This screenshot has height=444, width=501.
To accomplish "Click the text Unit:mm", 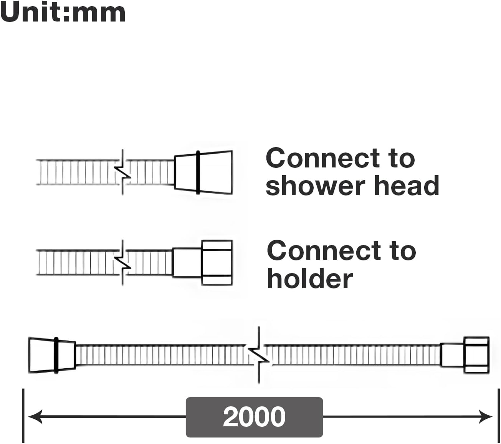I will tap(63, 12).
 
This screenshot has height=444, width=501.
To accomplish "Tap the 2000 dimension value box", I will tap(254, 417).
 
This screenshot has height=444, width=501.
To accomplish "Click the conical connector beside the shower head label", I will tap(203, 172).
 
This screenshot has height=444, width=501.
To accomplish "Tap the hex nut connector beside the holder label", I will tap(217, 263).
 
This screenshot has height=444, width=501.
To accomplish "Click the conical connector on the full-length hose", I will tap(52, 355).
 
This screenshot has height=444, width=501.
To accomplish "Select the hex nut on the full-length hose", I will tap(476, 355).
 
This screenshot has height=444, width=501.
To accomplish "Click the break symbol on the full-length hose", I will tap(259, 355).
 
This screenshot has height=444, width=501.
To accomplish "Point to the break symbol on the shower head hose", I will tap(123, 172).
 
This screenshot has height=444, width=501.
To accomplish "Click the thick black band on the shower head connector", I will tap(198, 172).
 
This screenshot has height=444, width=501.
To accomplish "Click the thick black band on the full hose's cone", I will tap(56, 355).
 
